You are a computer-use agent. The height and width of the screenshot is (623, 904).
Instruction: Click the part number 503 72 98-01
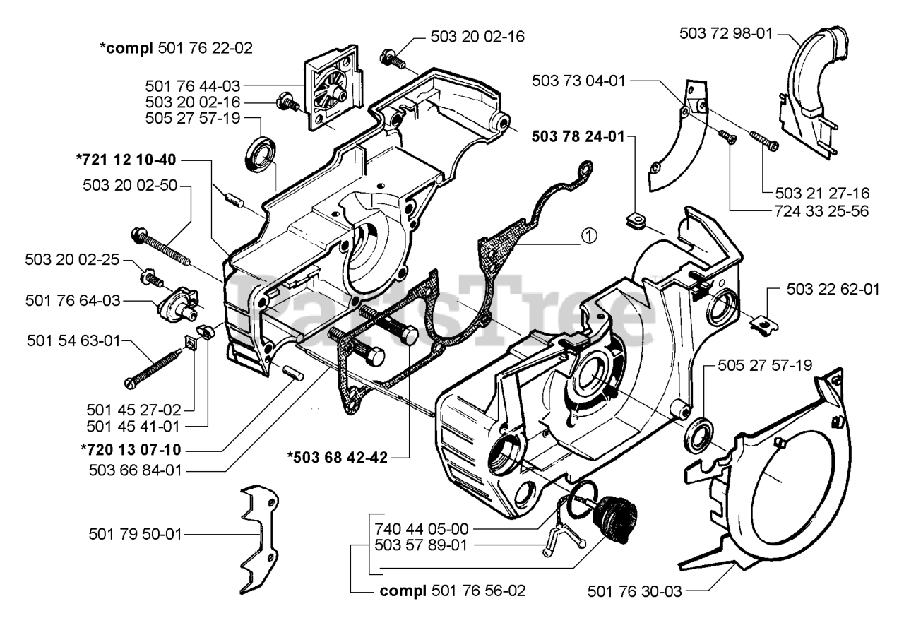[725, 33]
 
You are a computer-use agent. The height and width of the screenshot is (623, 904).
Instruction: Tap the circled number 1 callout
[589, 235]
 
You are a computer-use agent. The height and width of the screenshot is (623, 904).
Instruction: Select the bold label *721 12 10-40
[126, 160]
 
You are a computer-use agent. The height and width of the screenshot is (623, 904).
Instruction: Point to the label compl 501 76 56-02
[453, 591]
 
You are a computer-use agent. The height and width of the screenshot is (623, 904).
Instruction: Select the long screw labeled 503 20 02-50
[160, 247]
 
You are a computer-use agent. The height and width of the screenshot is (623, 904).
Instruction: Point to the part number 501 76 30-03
[634, 591]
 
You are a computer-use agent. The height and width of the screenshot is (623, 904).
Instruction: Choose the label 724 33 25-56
[821, 211]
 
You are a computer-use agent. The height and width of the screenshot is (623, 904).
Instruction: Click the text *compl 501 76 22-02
[176, 48]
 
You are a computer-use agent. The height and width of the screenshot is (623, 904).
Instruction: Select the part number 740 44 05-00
[422, 528]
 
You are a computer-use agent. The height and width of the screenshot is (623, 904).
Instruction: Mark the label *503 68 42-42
[338, 458]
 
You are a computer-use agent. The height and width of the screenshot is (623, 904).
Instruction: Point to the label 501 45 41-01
[133, 427]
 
